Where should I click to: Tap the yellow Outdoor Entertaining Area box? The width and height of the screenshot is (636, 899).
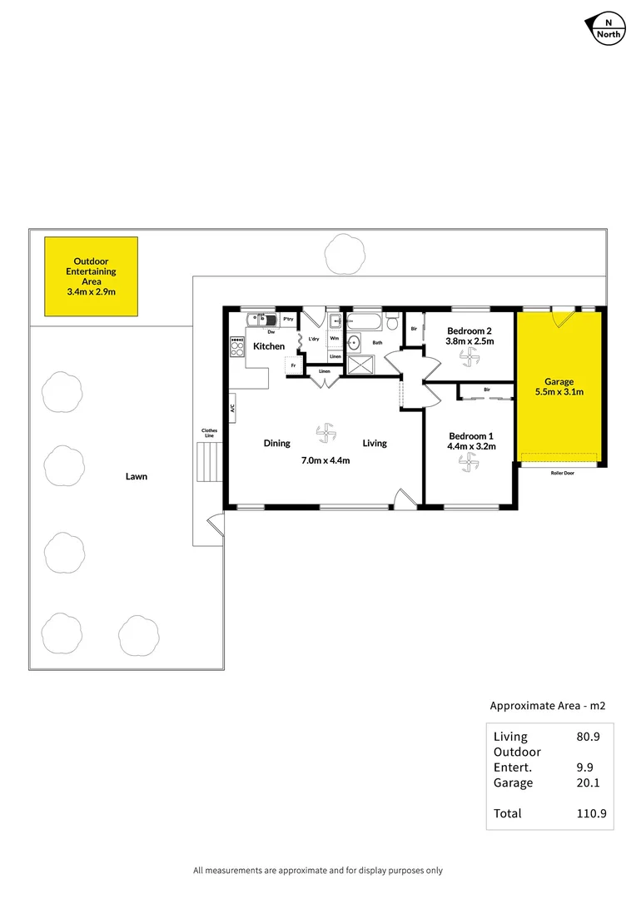[x=91, y=276]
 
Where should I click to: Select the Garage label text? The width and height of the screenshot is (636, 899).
[x=559, y=382]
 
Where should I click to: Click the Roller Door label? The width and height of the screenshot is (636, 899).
[x=562, y=473]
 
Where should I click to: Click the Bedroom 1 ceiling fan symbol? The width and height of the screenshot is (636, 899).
[x=466, y=466]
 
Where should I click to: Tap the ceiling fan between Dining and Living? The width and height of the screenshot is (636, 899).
[x=325, y=433]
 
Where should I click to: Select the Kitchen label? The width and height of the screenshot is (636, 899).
[x=269, y=346]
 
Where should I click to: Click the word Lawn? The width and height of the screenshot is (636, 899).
[x=137, y=477]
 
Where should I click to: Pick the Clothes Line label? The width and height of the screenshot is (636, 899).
[x=209, y=433]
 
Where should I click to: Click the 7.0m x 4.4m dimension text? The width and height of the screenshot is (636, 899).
[x=325, y=460]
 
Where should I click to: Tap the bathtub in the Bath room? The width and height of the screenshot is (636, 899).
[x=364, y=320]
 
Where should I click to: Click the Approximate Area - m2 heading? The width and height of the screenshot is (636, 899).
[x=547, y=706]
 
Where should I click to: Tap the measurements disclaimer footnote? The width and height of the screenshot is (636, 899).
[x=318, y=871]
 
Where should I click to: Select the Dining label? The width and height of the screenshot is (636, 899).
[x=277, y=443]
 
